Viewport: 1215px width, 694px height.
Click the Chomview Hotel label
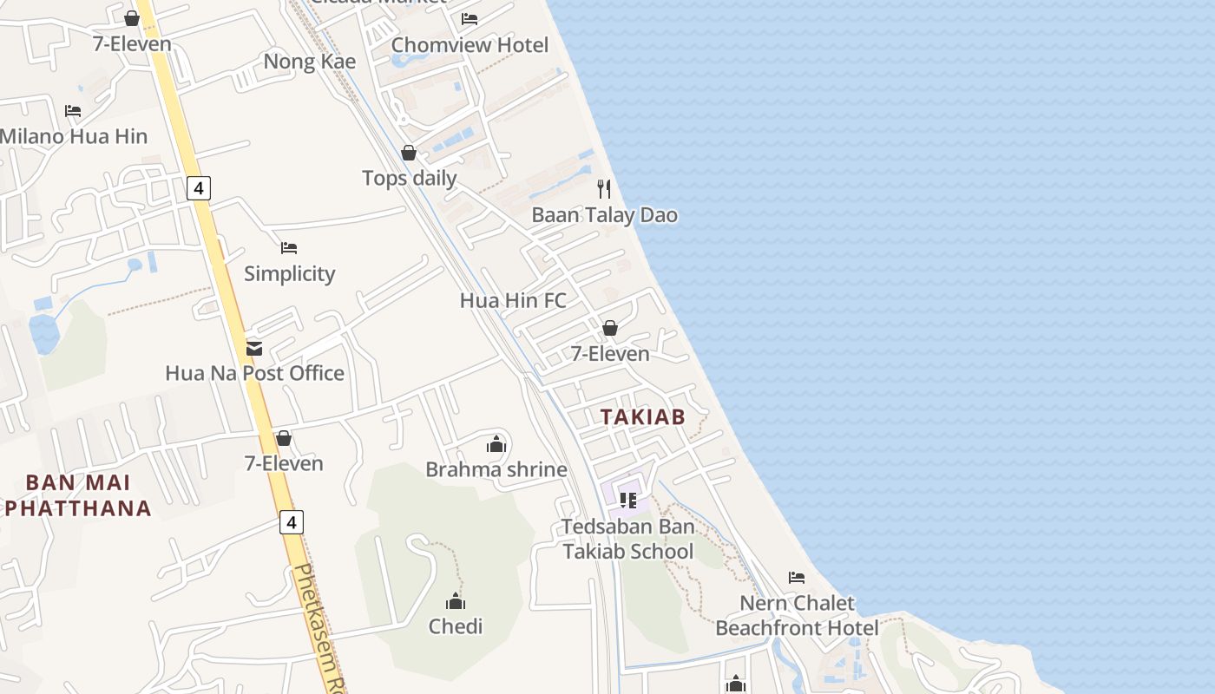point(470,45)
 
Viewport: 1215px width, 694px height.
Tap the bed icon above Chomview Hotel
point(470,18)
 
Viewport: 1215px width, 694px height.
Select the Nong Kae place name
point(309,62)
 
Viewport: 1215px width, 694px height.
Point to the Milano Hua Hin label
point(74,136)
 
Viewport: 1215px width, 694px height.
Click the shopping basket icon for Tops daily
point(409,154)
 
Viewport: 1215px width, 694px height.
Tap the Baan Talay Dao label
point(604,215)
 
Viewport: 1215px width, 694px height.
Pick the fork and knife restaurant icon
point(604,188)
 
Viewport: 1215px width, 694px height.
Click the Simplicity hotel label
point(289,274)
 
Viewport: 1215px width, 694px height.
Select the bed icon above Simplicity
point(289,248)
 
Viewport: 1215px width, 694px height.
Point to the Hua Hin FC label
point(513,301)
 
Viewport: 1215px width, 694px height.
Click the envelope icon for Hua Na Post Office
point(254,348)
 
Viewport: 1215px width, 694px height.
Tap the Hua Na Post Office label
point(254,374)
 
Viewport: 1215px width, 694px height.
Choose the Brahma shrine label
point(496,470)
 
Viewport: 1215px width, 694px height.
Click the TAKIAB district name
point(642,417)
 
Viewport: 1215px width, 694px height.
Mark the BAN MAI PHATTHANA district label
point(78,495)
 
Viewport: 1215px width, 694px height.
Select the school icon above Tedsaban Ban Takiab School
point(628,501)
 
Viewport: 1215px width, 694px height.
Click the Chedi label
point(456,626)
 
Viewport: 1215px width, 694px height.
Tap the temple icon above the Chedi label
point(456,601)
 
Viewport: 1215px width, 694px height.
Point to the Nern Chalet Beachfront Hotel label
point(797,615)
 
